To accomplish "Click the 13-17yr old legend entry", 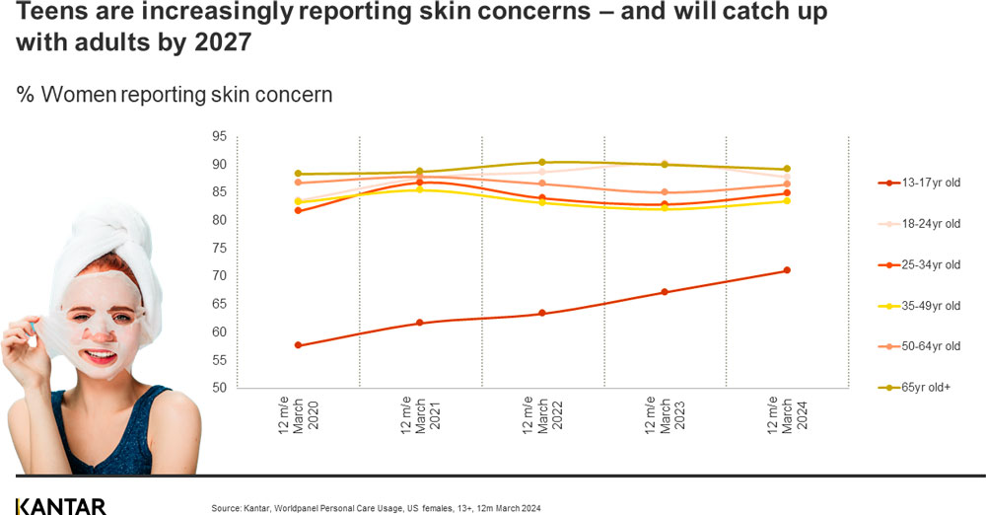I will point(918,184).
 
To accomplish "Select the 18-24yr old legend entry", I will point(918,224).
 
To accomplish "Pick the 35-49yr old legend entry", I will point(918,306).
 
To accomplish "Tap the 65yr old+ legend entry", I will point(918,388).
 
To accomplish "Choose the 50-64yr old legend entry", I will point(918,346).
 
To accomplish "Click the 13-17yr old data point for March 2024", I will point(787,270).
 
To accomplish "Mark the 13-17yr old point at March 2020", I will point(298,345).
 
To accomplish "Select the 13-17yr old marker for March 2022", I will point(542,314).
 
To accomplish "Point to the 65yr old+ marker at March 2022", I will point(542,162).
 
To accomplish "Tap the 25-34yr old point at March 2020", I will point(298,210).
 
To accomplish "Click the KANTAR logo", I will point(59,506).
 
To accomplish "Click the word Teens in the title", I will point(49,14).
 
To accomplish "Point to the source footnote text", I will point(376,508).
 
